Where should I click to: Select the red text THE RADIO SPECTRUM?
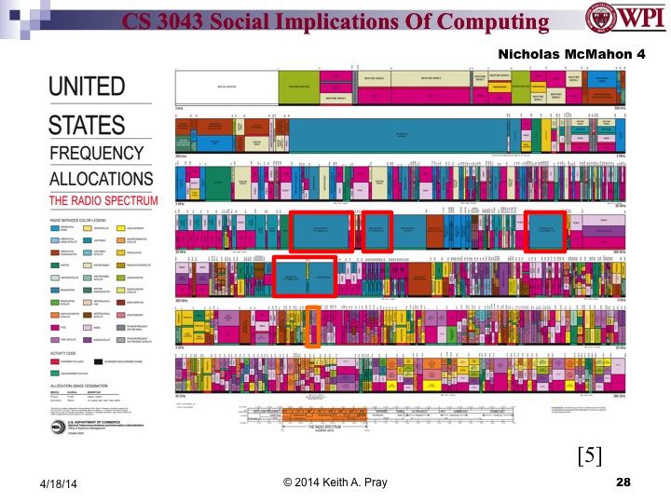coord(103,200)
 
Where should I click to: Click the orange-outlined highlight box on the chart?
coord(314,327)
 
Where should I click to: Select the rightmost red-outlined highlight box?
coord(547,230)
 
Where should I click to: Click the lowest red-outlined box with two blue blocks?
coord(305,276)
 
